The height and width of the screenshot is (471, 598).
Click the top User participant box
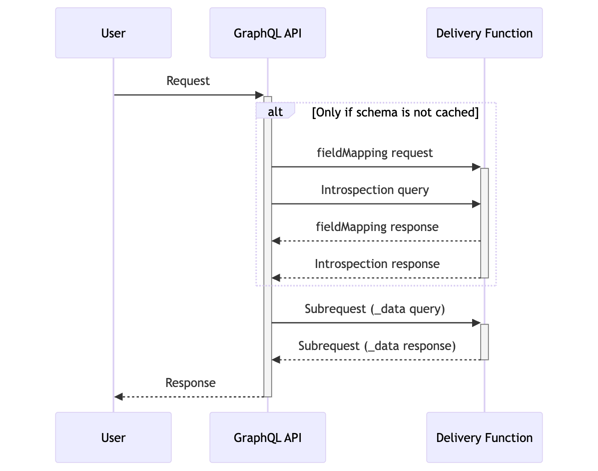113,33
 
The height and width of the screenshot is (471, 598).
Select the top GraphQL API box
267,33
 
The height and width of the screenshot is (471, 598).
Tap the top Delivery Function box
484,33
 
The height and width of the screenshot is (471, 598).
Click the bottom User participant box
113,437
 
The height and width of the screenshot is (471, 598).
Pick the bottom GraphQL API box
267,437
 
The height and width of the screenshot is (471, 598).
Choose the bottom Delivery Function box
484,437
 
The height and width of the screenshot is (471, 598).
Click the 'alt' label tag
275,111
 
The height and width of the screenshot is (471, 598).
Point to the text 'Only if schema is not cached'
395,112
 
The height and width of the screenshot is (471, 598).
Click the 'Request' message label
188,81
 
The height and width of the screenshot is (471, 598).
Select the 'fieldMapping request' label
375,152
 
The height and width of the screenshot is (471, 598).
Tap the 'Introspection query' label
375,190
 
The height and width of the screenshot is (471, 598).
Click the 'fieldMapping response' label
377,227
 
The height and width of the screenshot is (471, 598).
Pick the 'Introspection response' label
377,264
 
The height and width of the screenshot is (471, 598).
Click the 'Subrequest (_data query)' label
375,309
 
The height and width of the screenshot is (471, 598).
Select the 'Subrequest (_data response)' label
377,346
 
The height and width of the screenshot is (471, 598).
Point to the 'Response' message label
190,383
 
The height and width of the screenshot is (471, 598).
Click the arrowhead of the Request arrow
259,95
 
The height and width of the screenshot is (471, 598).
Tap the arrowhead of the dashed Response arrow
118,396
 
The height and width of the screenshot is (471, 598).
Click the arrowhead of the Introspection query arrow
476,204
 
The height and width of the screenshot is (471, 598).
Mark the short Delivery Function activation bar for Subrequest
484,341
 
